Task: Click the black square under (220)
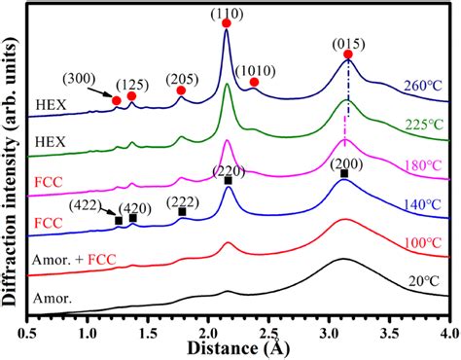228,180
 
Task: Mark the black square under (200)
343,173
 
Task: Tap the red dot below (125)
132,96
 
